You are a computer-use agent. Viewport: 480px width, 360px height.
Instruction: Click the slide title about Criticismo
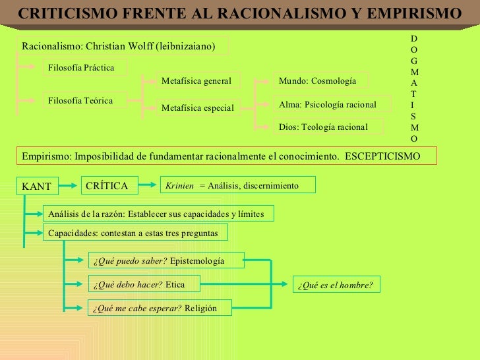click(x=239, y=14)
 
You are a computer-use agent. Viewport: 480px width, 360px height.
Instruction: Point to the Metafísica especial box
click(x=198, y=107)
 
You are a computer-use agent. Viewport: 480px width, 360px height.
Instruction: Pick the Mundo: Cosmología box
click(x=320, y=81)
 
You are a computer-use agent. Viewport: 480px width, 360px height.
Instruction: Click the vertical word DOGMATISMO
click(x=413, y=88)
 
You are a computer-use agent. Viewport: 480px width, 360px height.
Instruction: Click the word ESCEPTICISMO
click(x=382, y=156)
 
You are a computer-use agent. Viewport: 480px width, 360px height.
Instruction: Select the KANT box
click(x=37, y=187)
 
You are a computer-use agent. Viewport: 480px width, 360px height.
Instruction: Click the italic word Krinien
click(x=180, y=186)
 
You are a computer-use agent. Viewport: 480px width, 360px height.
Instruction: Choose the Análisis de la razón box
click(x=158, y=214)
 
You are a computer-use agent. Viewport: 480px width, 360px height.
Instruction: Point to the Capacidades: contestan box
click(x=135, y=233)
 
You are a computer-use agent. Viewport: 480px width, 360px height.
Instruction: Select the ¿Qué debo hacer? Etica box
click(x=144, y=285)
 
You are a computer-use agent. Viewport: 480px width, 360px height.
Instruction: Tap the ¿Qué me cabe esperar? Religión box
click(x=160, y=308)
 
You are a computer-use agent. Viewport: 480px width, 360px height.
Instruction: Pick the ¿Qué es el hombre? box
click(x=336, y=285)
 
